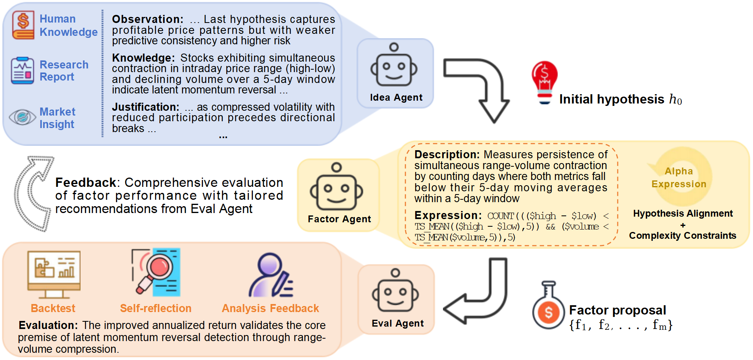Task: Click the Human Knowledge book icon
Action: click(23, 25)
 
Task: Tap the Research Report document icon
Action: click(23, 70)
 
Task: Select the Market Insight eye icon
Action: click(23, 117)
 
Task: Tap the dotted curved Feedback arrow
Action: click(31, 193)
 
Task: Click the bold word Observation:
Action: click(147, 19)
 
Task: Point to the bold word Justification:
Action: click(145, 107)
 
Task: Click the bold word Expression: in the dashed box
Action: click(447, 215)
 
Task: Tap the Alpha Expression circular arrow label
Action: click(679, 178)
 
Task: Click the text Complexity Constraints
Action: click(683, 236)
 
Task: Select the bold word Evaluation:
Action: click(48, 325)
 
